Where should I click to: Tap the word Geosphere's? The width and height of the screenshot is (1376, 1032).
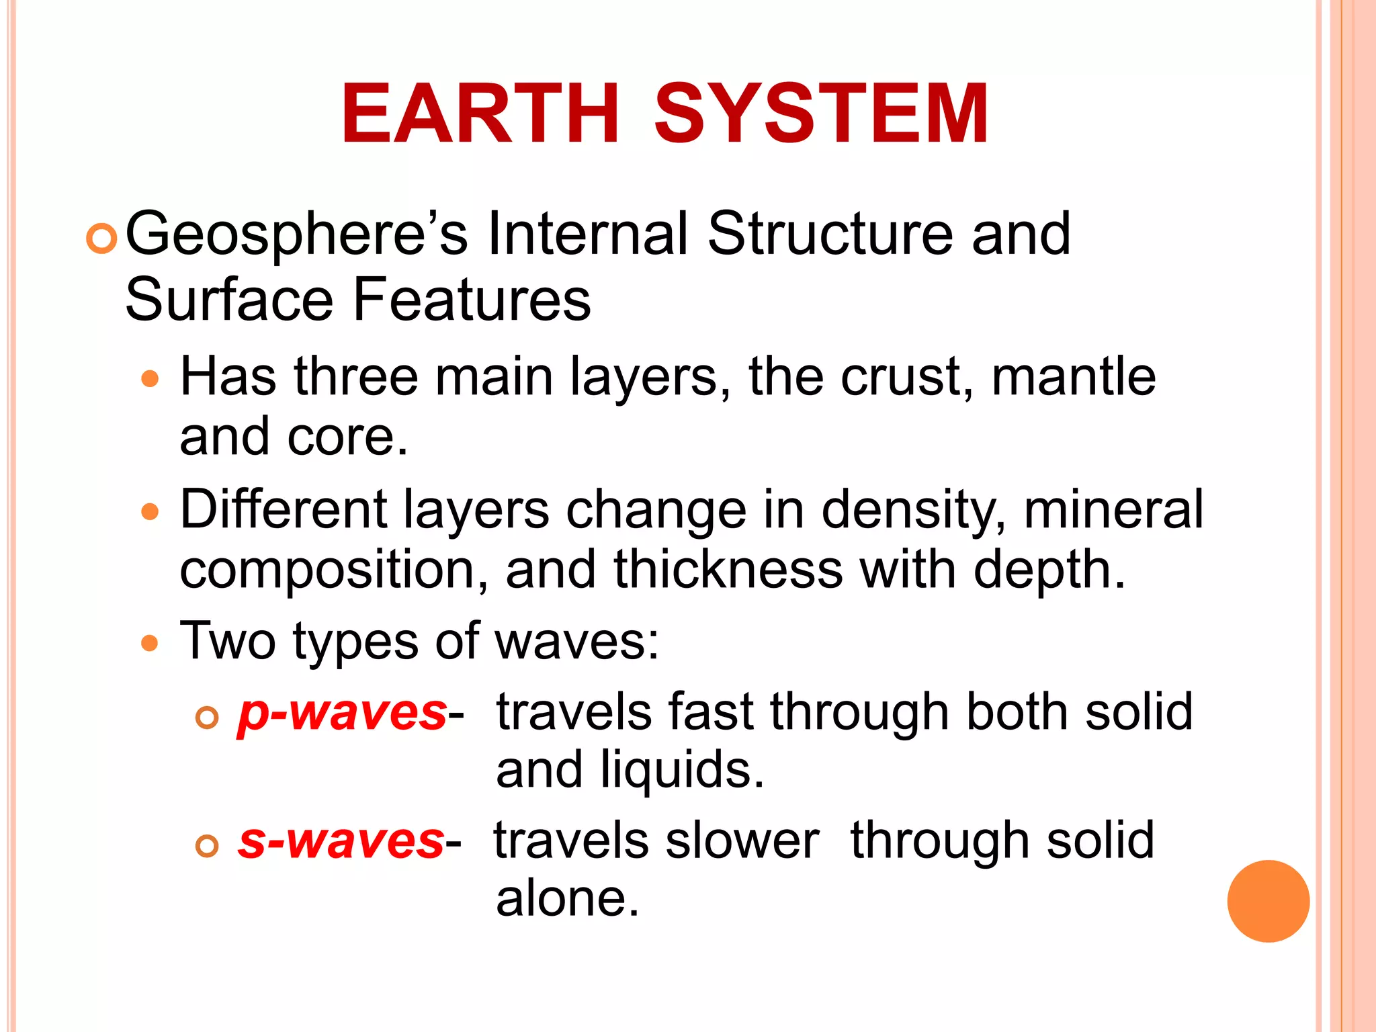point(296,235)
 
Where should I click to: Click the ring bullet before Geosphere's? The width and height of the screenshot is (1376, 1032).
point(102,239)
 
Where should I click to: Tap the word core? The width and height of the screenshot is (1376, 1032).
point(346,437)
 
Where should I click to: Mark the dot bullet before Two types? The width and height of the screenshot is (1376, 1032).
point(150,644)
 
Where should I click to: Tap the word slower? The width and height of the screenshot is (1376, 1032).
point(742,841)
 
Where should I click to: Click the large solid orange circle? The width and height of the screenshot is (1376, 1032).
point(1268,901)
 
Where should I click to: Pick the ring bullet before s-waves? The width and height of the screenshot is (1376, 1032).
point(207,845)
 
